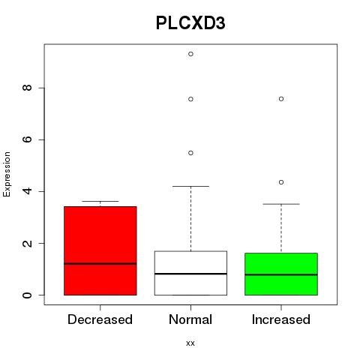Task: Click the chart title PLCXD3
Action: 190,23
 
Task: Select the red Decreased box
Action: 100,250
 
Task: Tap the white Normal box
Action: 190,273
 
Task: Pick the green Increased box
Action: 281,274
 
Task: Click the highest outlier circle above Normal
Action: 190,54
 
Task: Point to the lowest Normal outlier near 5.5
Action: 190,153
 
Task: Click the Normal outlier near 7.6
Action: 190,99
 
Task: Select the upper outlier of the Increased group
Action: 281,99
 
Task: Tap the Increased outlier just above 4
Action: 281,182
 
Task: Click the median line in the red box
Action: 100,263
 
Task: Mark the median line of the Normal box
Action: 190,274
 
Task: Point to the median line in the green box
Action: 281,274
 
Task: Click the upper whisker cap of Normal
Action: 190,186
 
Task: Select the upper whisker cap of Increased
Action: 281,204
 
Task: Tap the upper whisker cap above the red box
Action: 100,201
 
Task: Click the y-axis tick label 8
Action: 27,88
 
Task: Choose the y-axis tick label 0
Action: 27,295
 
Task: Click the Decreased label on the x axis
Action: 100,319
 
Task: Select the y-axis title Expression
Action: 7,174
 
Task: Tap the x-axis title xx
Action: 190,343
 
